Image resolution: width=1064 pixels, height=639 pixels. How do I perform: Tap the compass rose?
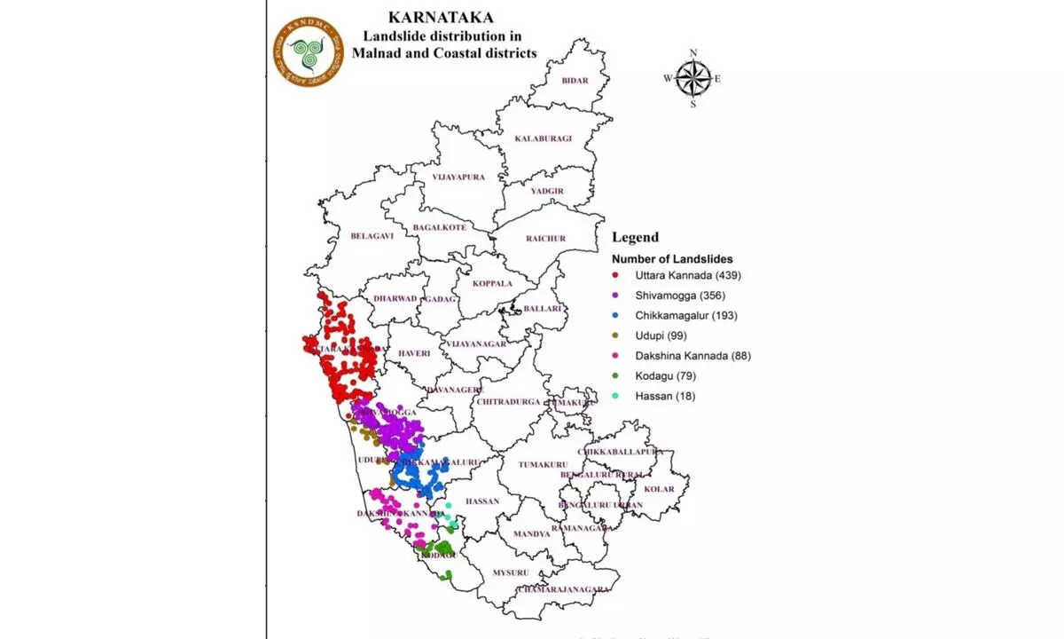pyautogui.click(x=692, y=78)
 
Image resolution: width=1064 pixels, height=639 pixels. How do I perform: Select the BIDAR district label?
pyautogui.click(x=575, y=81)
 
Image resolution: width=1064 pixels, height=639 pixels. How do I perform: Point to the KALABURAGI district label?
pyautogui.click(x=544, y=138)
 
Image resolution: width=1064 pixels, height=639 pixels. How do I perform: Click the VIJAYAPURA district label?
pyautogui.click(x=458, y=177)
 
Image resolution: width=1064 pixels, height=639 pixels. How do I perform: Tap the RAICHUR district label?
pyautogui.click(x=545, y=238)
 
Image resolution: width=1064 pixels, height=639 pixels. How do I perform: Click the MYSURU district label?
pyautogui.click(x=511, y=572)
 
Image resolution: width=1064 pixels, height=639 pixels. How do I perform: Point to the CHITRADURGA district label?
pyautogui.click(x=508, y=401)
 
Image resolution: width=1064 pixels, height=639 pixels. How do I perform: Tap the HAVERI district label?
pyautogui.click(x=413, y=353)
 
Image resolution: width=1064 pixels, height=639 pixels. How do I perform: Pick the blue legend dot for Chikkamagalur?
pyautogui.click(x=615, y=316)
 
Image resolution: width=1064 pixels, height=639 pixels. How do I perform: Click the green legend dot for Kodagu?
pyautogui.click(x=615, y=376)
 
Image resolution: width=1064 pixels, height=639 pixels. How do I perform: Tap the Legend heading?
pyautogui.click(x=635, y=237)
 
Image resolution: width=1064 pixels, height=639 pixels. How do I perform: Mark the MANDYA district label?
pyautogui.click(x=531, y=534)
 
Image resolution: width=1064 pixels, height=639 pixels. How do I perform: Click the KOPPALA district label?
pyautogui.click(x=492, y=284)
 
